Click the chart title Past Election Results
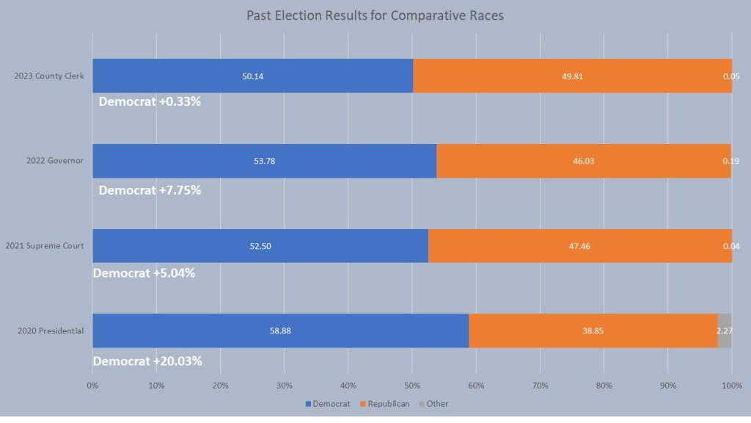(x=375, y=15)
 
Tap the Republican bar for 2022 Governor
(x=583, y=161)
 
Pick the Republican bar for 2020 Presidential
(x=593, y=330)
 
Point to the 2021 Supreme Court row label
(x=44, y=245)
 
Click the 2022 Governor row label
(x=54, y=161)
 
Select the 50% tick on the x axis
(x=412, y=384)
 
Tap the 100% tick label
(x=731, y=384)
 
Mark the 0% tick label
(x=92, y=384)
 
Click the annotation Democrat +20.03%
(x=147, y=361)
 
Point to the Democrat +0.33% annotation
(x=150, y=101)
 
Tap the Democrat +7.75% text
(x=150, y=189)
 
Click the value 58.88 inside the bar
(x=280, y=330)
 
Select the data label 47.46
(x=579, y=246)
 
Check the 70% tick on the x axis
(x=540, y=384)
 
